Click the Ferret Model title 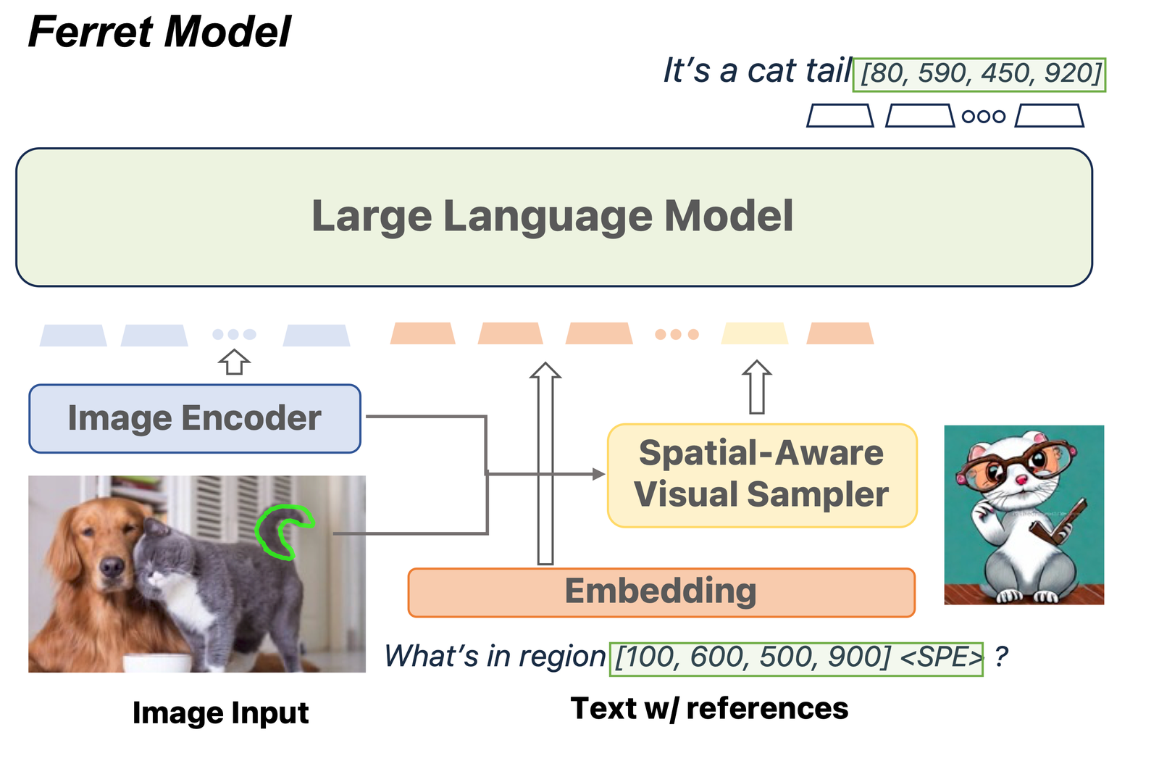159,32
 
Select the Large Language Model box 553,217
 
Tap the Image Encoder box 194,418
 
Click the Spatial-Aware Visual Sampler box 761,475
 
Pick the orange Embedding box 661,591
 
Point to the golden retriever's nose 111,566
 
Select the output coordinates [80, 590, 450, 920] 979,74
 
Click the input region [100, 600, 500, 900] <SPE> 796,658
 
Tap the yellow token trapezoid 754,333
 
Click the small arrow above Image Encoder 234,361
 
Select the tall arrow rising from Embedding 545,464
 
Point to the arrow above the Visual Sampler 756,388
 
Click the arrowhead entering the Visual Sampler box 598,474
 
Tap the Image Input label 220,712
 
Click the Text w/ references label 709,708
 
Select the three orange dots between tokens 677,334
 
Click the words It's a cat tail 757,71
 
